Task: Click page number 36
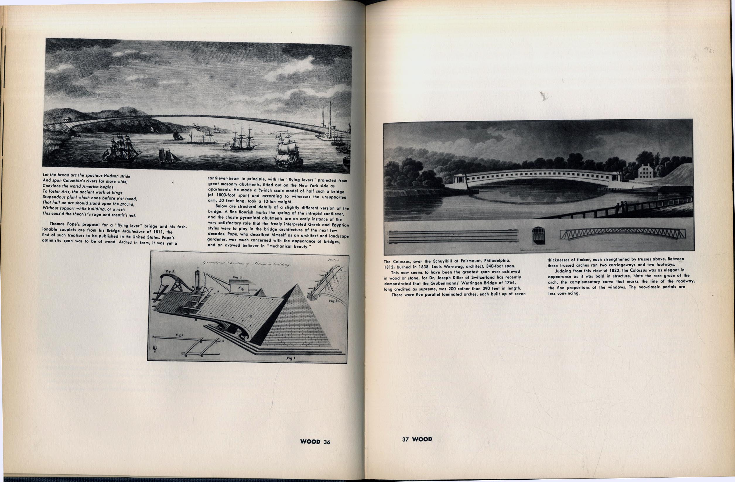click(327, 442)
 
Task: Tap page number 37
click(405, 439)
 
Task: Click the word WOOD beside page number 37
click(422, 439)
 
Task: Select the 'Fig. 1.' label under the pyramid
click(291, 358)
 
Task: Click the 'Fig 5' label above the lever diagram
click(180, 335)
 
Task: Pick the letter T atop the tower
click(198, 268)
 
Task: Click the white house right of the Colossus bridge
click(645, 171)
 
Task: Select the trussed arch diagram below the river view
click(622, 234)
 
